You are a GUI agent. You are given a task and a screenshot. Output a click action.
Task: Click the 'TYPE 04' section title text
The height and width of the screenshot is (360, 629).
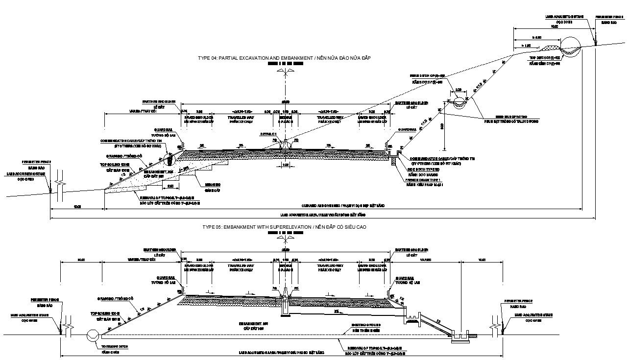click(284, 58)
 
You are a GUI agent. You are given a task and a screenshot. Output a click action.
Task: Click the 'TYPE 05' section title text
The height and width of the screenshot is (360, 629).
click(284, 227)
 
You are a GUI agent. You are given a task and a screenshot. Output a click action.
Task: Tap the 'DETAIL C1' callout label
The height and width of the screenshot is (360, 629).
click(269, 134)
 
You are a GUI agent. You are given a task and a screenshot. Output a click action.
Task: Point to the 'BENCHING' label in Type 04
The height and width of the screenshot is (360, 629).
click(213, 185)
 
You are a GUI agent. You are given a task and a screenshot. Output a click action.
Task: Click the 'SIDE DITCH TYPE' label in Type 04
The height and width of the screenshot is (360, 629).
click(422, 169)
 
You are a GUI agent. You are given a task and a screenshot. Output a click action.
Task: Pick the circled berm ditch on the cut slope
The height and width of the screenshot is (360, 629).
click(460, 102)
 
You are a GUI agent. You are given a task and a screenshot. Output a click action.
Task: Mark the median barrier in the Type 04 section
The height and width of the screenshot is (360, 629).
click(284, 144)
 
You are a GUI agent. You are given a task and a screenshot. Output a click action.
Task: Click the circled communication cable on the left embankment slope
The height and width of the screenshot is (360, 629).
click(169, 158)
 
